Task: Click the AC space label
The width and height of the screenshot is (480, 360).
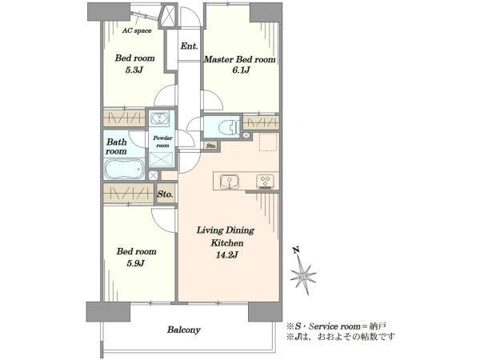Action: pyautogui.click(x=137, y=31)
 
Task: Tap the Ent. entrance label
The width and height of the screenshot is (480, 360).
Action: pyautogui.click(x=189, y=46)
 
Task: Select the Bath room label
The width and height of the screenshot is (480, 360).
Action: pyautogui.click(x=117, y=146)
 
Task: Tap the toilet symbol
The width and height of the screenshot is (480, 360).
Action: pyautogui.click(x=225, y=126)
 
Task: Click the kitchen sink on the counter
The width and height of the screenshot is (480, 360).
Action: pyautogui.click(x=230, y=181)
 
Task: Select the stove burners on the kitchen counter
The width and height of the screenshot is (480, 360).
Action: pyautogui.click(x=263, y=181)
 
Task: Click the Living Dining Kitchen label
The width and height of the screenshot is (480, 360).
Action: pyautogui.click(x=227, y=236)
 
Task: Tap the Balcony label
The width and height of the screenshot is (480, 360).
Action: pyautogui.click(x=183, y=329)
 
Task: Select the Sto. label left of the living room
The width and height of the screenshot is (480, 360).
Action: pyautogui.click(x=166, y=194)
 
